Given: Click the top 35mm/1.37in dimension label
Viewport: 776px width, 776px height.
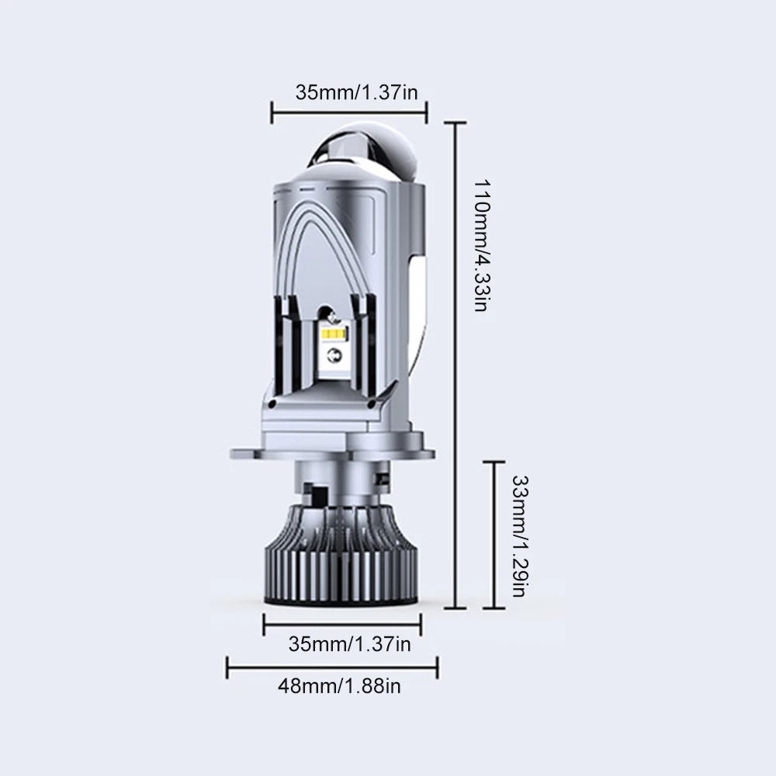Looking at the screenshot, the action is (x=356, y=92).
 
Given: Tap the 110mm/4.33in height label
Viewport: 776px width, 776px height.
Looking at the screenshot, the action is (x=482, y=245).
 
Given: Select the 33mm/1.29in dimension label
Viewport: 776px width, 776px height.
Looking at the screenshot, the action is (x=520, y=536).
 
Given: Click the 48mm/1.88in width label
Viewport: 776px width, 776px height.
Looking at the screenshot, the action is (x=339, y=687).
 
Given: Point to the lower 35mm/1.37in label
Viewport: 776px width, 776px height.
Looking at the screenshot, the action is (x=349, y=644).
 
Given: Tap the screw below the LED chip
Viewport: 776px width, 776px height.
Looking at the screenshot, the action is (x=334, y=355).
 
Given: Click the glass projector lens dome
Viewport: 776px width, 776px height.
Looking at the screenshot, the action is (x=364, y=148).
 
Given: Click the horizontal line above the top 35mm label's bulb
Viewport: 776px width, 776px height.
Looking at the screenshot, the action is (x=349, y=113).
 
